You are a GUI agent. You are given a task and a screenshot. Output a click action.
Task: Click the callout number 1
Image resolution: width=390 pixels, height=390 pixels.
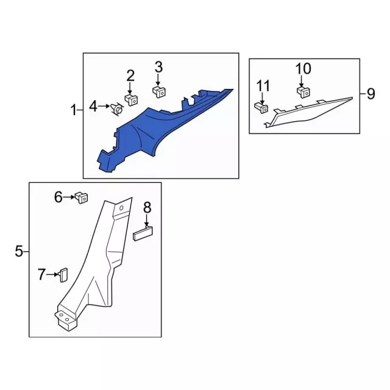click(x=74, y=110)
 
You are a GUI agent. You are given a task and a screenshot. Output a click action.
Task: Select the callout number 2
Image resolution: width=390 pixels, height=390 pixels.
click(x=130, y=76)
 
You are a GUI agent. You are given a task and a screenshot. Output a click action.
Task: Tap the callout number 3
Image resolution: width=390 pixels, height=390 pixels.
click(x=158, y=66)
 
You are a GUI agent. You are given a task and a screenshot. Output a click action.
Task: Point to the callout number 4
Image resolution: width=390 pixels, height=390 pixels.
click(x=93, y=107)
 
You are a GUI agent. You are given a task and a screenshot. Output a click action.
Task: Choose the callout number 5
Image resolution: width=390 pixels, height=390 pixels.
click(x=19, y=250)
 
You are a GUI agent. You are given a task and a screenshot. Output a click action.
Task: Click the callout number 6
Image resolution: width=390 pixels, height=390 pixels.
click(x=58, y=196)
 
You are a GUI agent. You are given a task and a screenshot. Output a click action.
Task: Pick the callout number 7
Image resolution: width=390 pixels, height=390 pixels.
click(x=41, y=275)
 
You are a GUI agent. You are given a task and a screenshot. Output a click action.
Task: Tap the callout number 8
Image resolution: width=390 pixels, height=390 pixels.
click(x=147, y=208)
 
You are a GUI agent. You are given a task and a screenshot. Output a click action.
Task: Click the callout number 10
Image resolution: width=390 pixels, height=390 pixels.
click(x=303, y=68)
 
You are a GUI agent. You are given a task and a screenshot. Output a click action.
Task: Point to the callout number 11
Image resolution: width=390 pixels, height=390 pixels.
click(x=263, y=85)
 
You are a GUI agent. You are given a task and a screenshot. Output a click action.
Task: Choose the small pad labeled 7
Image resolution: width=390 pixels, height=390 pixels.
click(x=63, y=274)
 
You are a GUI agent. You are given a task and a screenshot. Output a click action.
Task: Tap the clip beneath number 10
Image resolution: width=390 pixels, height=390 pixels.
click(x=302, y=91)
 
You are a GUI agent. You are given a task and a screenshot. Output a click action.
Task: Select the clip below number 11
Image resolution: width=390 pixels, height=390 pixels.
click(x=261, y=107)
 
